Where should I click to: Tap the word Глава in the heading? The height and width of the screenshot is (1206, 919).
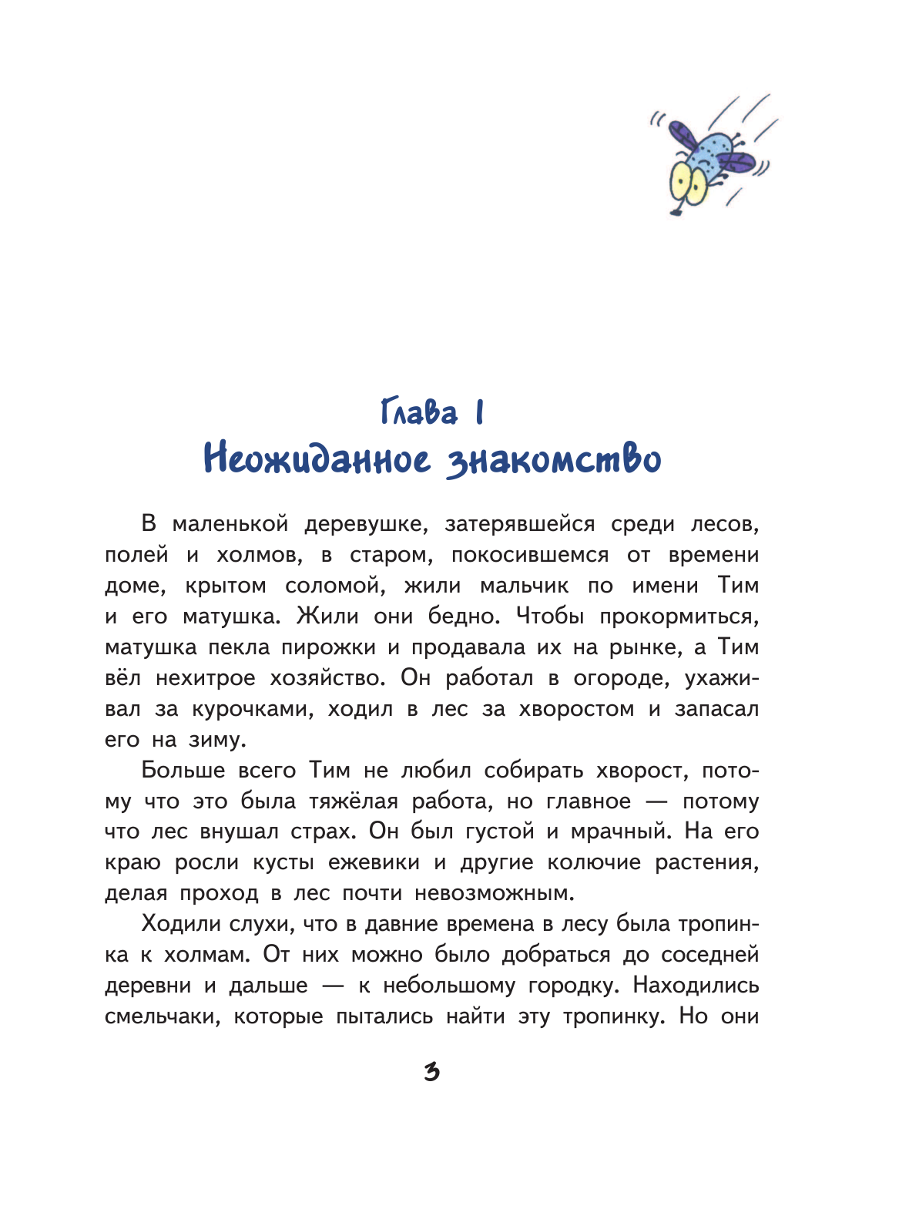pyautogui.click(x=419, y=412)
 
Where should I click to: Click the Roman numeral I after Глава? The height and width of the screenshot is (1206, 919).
pyautogui.click(x=479, y=412)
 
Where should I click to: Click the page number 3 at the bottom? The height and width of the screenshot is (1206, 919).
pyautogui.click(x=431, y=1072)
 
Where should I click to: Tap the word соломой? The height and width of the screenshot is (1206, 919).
pyautogui.click(x=334, y=586)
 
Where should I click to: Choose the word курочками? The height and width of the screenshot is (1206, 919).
pyautogui.click(x=252, y=709)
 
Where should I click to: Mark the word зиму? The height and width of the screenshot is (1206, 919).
pyautogui.click(x=216, y=740)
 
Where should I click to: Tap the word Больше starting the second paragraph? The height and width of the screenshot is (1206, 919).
pyautogui.click(x=183, y=771)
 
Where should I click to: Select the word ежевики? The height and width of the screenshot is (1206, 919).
pyautogui.click(x=374, y=862)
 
